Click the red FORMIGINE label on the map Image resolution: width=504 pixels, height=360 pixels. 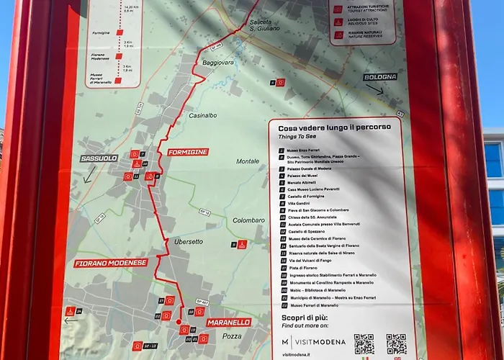pyautogui.click(x=187, y=152)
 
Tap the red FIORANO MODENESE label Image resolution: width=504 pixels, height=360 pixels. pyautogui.click(x=111, y=264)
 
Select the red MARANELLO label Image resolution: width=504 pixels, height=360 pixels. pyautogui.click(x=229, y=322)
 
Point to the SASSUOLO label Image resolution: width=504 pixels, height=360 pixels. pyautogui.click(x=98, y=158)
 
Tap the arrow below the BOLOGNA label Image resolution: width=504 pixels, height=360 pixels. pyautogui.click(x=374, y=90)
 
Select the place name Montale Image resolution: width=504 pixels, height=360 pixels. pyautogui.click(x=247, y=161)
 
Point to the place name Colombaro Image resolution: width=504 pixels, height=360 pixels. pyautogui.click(x=248, y=220)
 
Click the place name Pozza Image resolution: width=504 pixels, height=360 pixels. pyautogui.click(x=232, y=336)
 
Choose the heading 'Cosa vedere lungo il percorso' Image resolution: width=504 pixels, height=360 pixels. pyautogui.click(x=330, y=127)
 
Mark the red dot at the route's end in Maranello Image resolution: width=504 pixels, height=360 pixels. pyautogui.click(x=179, y=322)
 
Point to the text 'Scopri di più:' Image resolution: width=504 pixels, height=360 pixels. pyautogui.click(x=306, y=318)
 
